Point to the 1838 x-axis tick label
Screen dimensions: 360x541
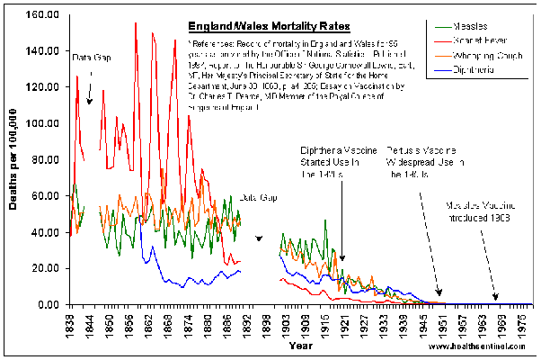pyautogui.click(x=71, y=322)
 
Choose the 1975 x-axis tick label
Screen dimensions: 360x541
pyautogui.click(x=524, y=322)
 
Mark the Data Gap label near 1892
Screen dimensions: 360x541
pyautogui.click(x=258, y=197)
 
